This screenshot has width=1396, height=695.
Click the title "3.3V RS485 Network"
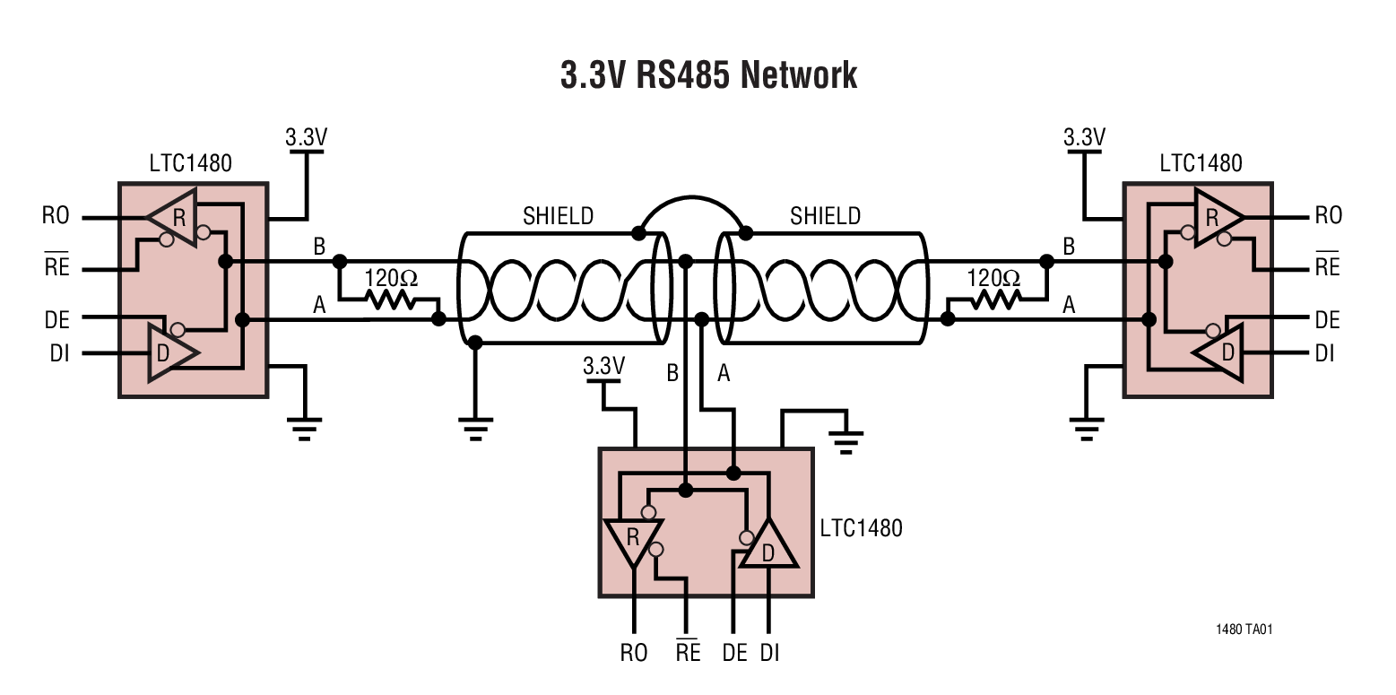coord(708,75)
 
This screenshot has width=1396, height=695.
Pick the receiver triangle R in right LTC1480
coord(1216,216)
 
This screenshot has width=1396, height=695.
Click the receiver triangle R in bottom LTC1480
coord(634,540)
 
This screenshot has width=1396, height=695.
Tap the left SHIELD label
coord(558,216)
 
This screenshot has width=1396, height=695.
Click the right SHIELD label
coord(825,216)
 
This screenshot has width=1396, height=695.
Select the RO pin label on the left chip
coord(56,216)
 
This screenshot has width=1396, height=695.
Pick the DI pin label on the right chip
coord(1324,353)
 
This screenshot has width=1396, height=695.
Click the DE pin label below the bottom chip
coord(734,653)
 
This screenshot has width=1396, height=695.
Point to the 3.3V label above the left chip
coord(307,137)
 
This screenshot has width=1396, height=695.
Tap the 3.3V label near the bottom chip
coord(603,366)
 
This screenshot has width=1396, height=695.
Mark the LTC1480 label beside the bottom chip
coord(861,527)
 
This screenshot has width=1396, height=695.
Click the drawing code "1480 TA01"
coord(1244,629)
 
